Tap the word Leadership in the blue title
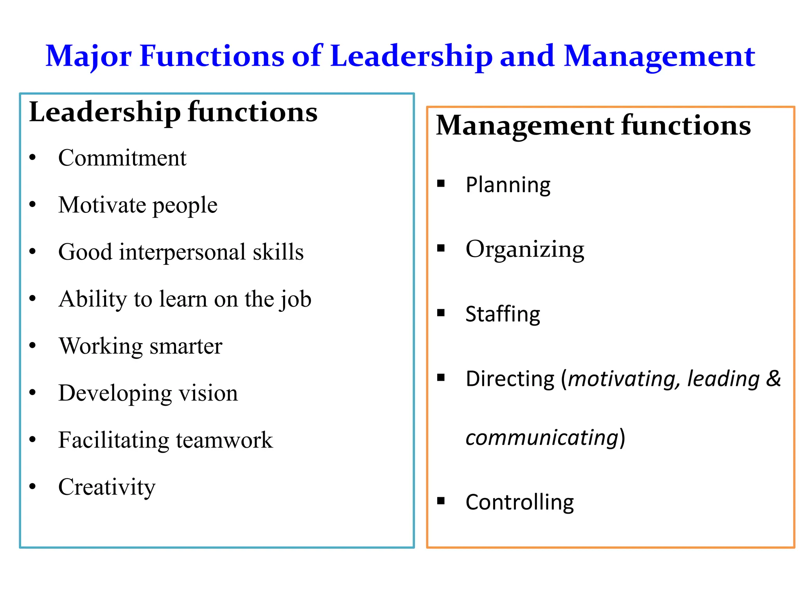[411, 56]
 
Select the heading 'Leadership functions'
[173, 113]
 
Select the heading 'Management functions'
[593, 126]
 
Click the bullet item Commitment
[122, 158]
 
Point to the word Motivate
[102, 205]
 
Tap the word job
[295, 300]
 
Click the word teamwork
[224, 440]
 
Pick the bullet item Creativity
[107, 488]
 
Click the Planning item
[508, 185]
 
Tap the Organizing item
[525, 250]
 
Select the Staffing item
[503, 314]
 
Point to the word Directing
[510, 379]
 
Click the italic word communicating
[542, 438]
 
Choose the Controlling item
[519, 502]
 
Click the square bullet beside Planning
[441, 183]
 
